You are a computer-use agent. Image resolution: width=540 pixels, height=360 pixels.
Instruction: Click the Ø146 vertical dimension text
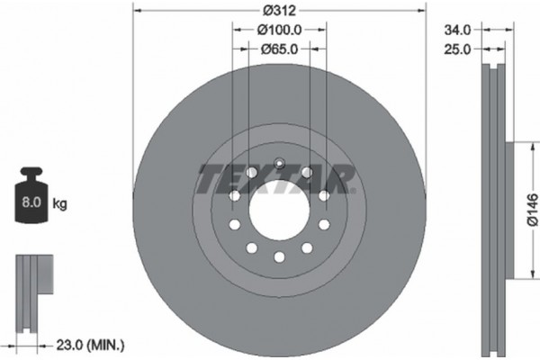(532, 210)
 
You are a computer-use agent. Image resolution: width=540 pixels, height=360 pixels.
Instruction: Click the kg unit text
(61, 204)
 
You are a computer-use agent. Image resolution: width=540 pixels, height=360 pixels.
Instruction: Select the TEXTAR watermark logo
(270, 179)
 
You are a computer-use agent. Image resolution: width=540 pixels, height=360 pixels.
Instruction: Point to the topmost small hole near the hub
(279, 164)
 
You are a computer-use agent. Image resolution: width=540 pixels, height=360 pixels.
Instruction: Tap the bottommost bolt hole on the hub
(278, 256)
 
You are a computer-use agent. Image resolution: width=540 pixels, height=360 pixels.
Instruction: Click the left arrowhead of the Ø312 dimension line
(137, 11)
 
